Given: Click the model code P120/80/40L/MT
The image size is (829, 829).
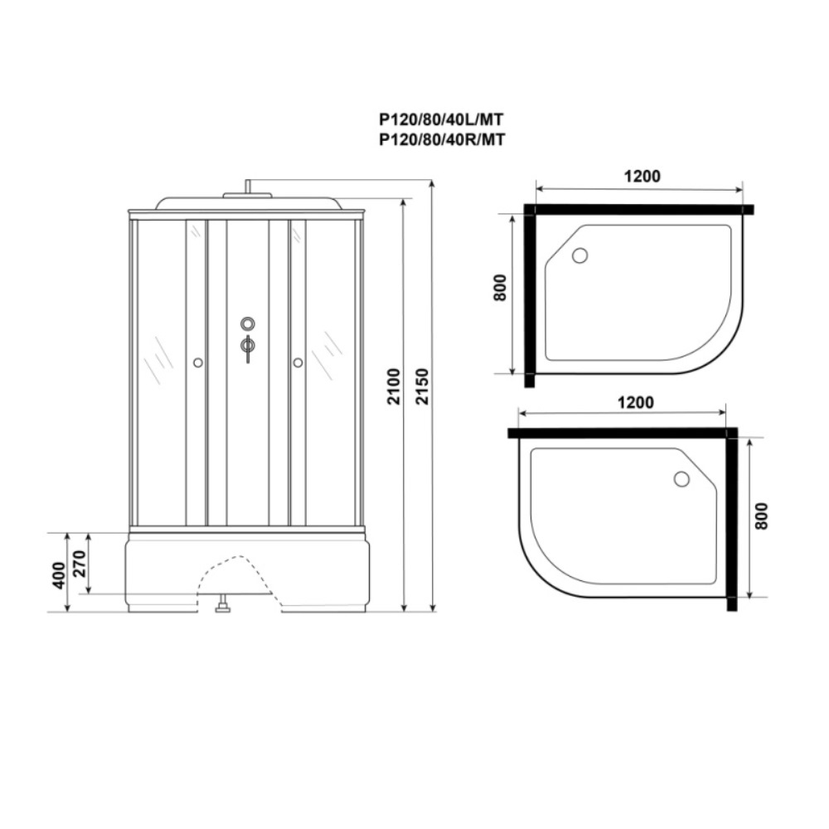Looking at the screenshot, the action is point(441,120).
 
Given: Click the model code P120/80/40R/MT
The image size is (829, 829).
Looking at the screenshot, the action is point(442,139).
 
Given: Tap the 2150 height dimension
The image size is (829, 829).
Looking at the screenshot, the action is point(422,386).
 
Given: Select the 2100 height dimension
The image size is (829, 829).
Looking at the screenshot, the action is point(394,386).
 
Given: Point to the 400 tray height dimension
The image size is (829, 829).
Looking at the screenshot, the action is point(59,574).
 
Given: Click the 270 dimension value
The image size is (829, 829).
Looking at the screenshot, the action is point(79,564).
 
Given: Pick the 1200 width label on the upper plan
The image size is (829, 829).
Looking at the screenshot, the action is point(642,176).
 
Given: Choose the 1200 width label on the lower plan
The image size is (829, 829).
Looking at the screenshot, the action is point(636,402).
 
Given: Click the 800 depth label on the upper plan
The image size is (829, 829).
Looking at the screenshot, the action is point(500,288).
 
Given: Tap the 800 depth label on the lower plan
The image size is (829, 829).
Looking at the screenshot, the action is point(761,516).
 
